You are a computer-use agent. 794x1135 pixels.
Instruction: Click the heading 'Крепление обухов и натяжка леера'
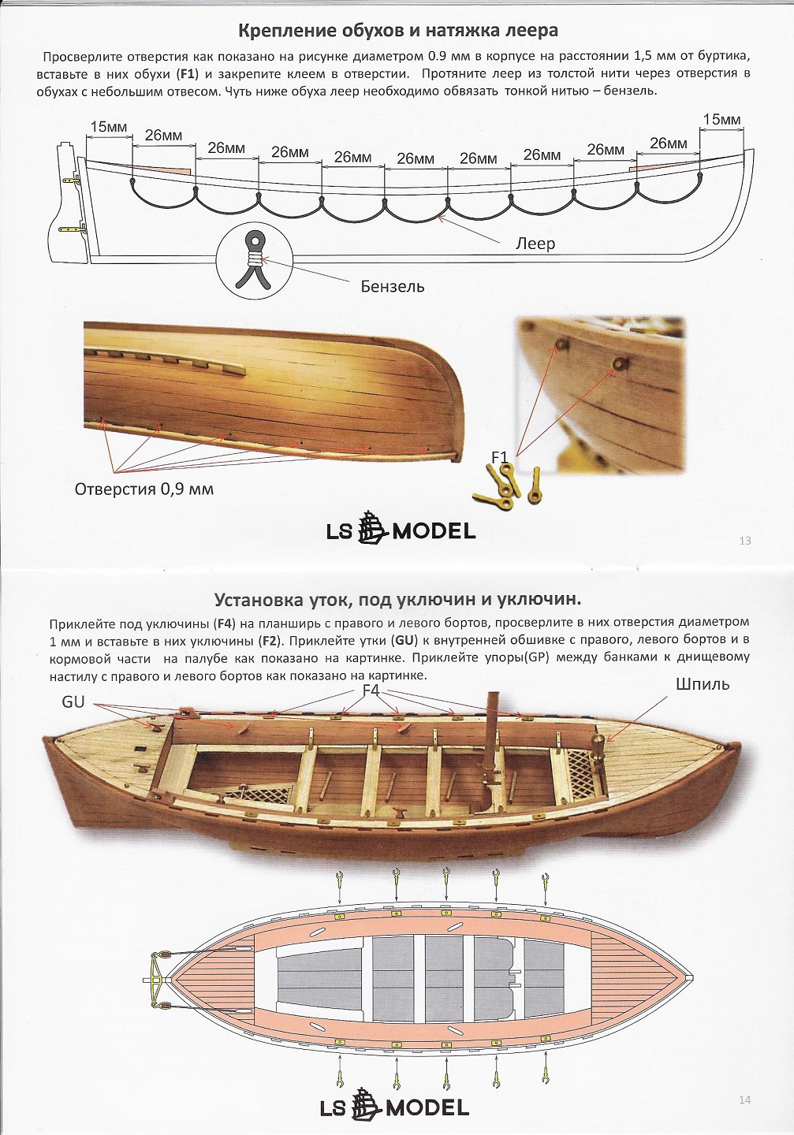397,31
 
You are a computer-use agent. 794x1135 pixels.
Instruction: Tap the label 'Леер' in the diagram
535,244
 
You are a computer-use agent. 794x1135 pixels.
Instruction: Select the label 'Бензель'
392,286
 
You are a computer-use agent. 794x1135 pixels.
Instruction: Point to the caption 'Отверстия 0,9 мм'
144,489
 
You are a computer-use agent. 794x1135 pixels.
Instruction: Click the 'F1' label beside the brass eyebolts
500,457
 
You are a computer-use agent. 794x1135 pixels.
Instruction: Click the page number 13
745,541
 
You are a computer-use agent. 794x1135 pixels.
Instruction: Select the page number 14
745,1100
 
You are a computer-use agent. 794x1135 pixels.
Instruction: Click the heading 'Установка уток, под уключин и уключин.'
397,599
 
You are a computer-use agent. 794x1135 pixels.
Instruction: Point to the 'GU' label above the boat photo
73,701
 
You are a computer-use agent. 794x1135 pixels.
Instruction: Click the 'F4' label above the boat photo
371,690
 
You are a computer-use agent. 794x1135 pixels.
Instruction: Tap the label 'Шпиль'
702,684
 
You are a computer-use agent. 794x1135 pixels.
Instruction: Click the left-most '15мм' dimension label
109,127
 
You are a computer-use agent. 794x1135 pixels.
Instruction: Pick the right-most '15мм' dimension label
721,120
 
